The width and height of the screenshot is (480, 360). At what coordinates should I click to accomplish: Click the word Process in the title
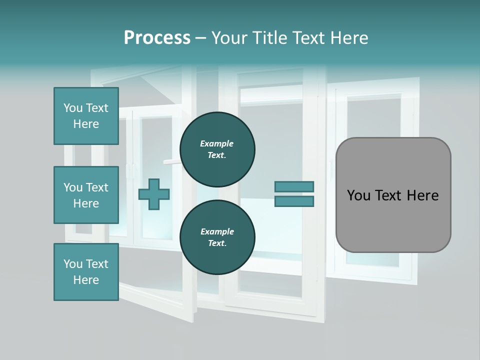coord(157,38)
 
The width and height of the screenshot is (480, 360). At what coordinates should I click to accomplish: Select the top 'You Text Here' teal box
coord(86,116)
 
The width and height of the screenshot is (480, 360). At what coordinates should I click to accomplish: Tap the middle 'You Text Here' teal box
coord(86,195)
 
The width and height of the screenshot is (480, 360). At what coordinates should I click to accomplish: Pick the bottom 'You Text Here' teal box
coord(86,272)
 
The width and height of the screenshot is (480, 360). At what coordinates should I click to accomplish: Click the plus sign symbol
coord(154,194)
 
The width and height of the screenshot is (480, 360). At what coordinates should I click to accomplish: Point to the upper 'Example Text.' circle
coord(217,149)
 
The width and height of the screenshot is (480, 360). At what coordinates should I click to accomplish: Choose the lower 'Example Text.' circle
coord(217,237)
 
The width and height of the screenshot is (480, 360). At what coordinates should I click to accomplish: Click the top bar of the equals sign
coord(294,187)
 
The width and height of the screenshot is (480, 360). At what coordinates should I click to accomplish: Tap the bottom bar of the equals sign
coord(294,201)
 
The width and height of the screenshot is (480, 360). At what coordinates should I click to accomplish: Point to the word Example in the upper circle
coord(217,144)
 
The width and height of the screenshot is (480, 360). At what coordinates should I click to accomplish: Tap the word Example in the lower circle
coord(217,232)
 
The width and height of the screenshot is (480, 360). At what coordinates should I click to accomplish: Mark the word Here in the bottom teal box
coord(86,280)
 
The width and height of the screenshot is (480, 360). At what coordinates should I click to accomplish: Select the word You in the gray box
coord(358,195)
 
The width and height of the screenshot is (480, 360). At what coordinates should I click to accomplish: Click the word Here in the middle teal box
coord(86,203)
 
